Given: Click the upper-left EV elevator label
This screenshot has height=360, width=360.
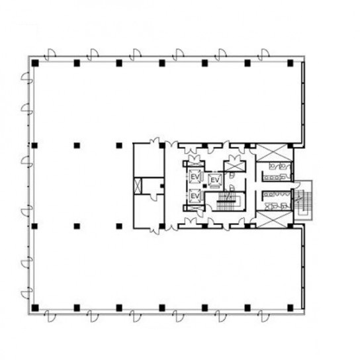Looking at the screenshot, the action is click(x=195, y=177).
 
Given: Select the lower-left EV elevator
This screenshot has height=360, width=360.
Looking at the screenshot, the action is click(x=195, y=196).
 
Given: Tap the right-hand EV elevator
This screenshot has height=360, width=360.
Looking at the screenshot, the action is click(x=215, y=180).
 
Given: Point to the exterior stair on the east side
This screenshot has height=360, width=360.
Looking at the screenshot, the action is click(x=303, y=201).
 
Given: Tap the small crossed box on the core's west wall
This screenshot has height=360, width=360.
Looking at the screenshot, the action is click(x=137, y=186).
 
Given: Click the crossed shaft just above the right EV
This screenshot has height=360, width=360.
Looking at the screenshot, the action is click(x=235, y=166).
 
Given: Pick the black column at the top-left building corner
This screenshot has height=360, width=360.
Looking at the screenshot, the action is click(x=35, y=63).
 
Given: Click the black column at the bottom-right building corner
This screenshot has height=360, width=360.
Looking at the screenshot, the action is click(x=291, y=308).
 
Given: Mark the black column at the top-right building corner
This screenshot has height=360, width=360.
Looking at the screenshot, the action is click(x=291, y=63).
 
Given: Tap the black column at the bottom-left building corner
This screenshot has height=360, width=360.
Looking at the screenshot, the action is click(x=35, y=308).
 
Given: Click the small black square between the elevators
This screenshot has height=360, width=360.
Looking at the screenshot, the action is click(x=204, y=186).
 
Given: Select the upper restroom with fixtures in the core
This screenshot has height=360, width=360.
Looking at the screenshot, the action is click(x=277, y=171).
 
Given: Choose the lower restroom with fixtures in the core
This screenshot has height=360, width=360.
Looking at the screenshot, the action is click(x=277, y=201).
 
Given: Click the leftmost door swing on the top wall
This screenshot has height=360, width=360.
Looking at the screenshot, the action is click(x=50, y=55).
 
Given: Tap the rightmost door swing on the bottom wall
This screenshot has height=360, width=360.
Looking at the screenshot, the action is click(x=263, y=316).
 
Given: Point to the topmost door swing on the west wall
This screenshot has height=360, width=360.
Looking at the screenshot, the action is click(x=26, y=78).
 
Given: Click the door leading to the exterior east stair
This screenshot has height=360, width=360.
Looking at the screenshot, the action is click(x=297, y=185).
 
